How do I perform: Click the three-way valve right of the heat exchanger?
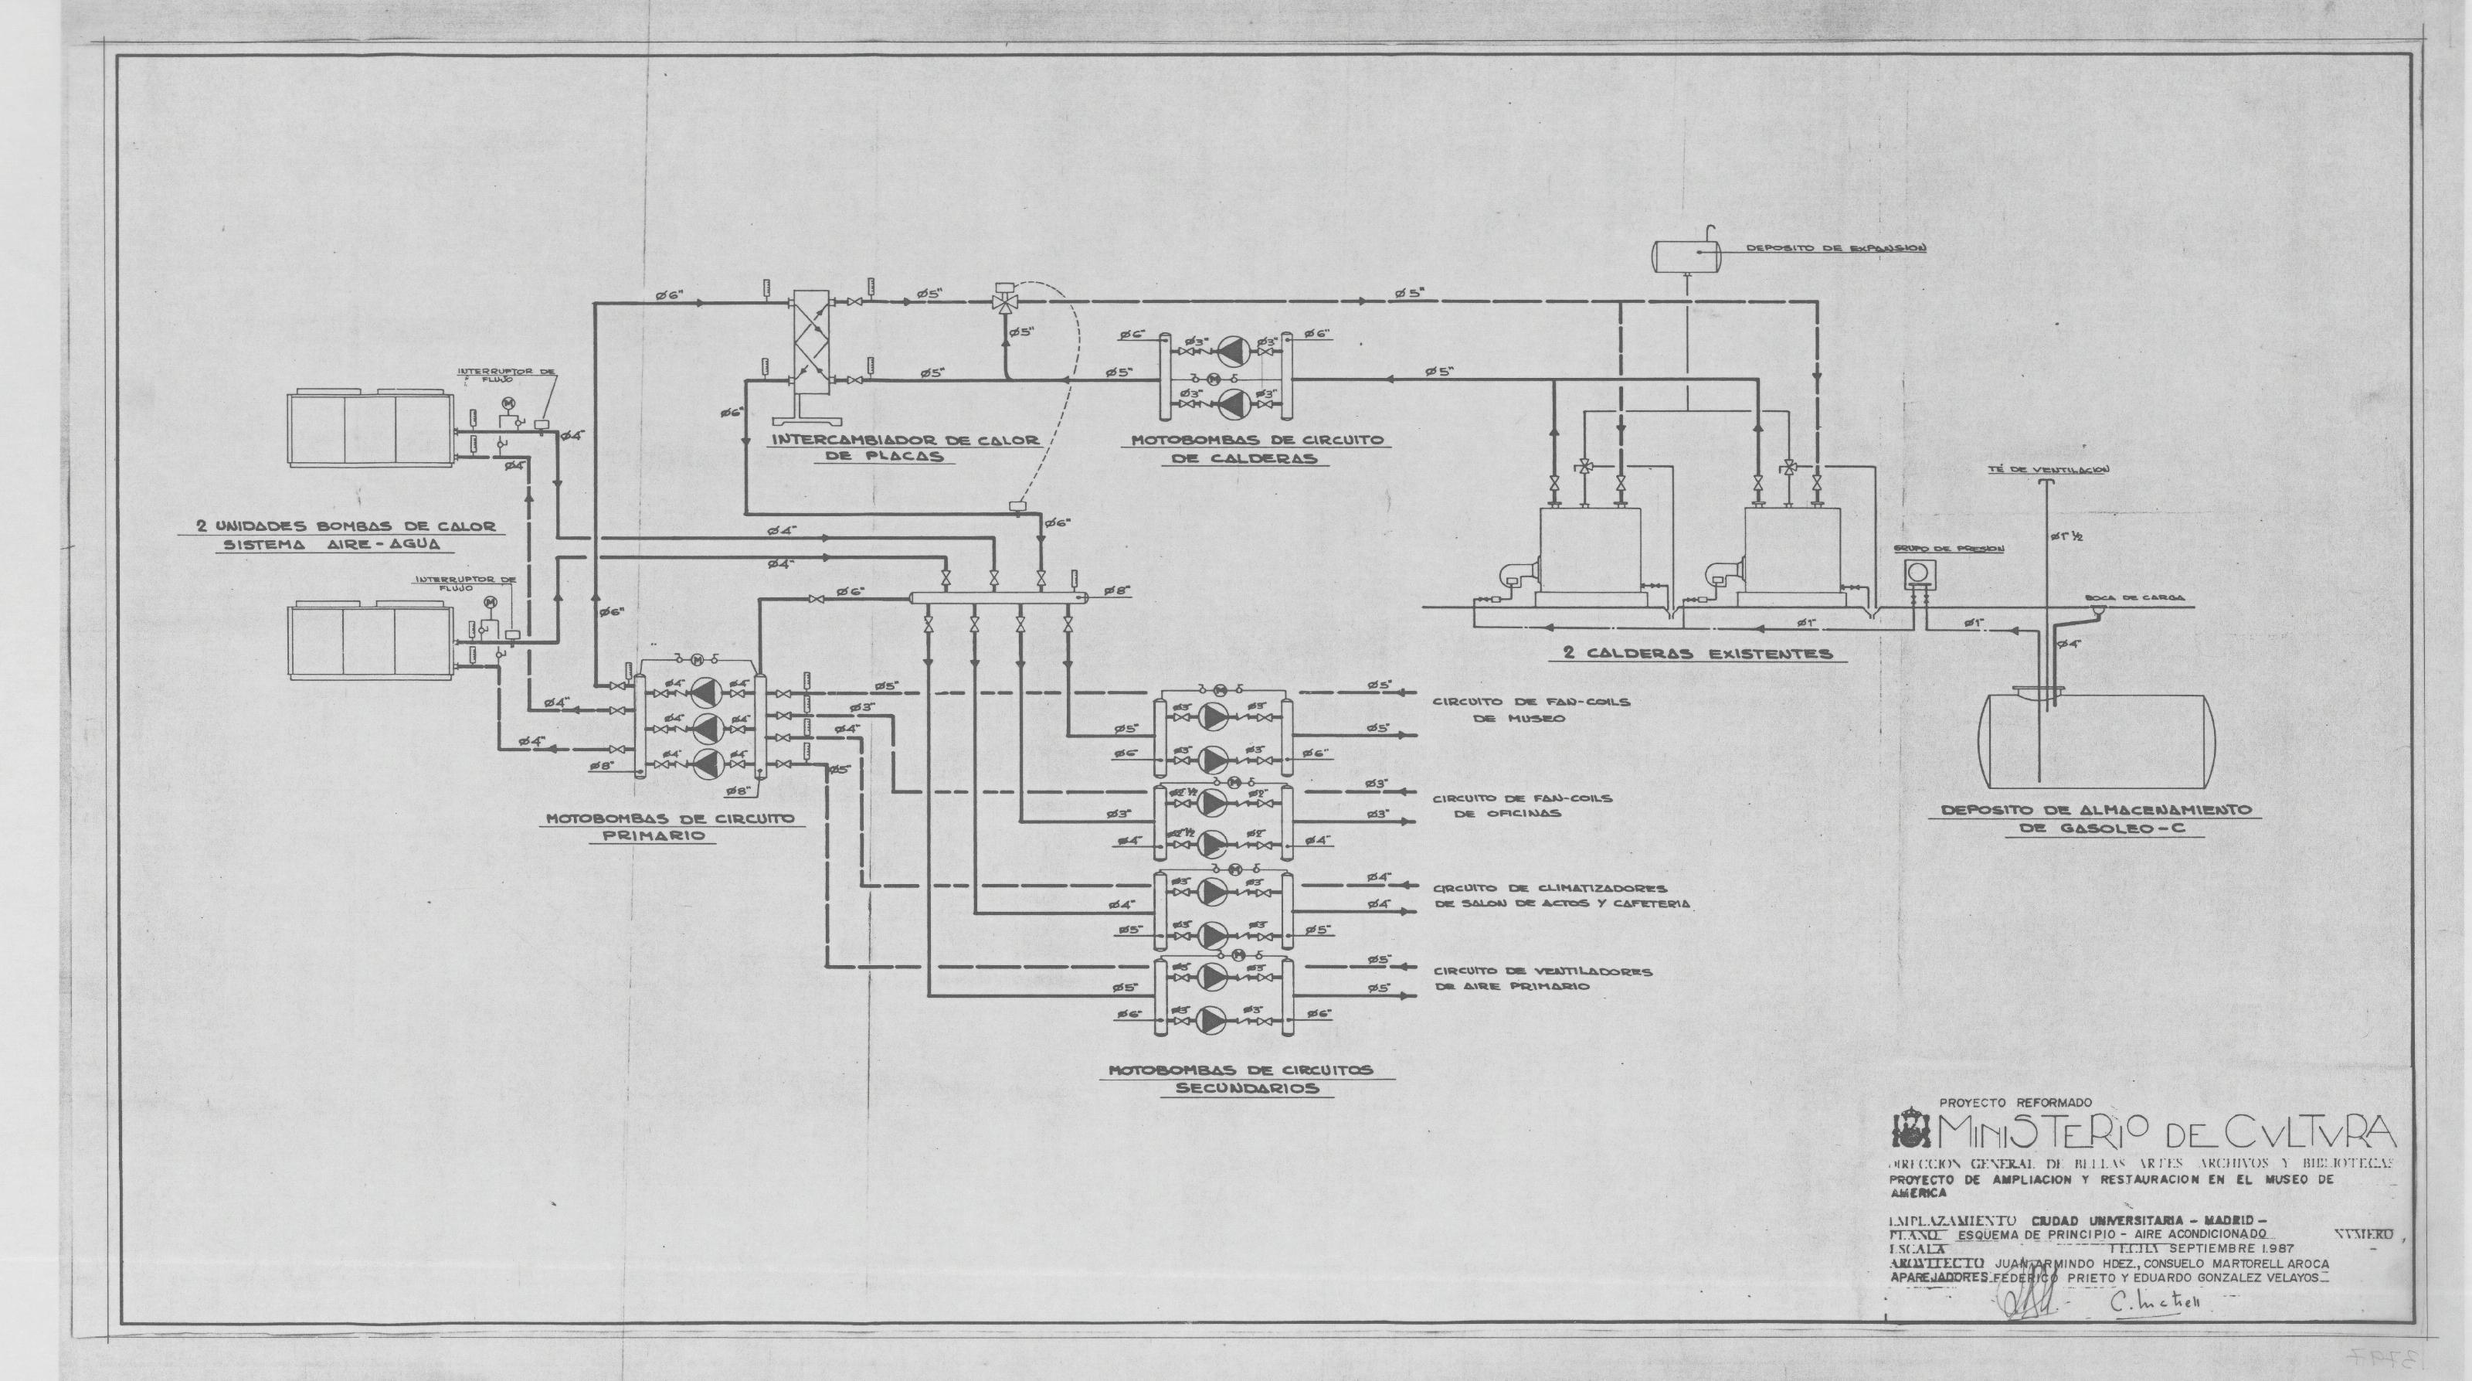pos(1006,302)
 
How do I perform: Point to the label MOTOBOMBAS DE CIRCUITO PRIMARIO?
pos(670,827)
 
